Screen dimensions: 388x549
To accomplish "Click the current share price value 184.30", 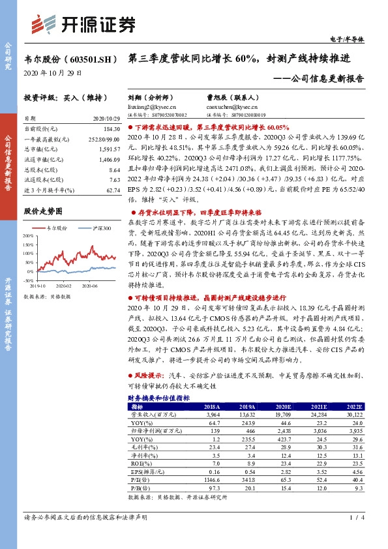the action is pyautogui.click(x=110, y=130).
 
